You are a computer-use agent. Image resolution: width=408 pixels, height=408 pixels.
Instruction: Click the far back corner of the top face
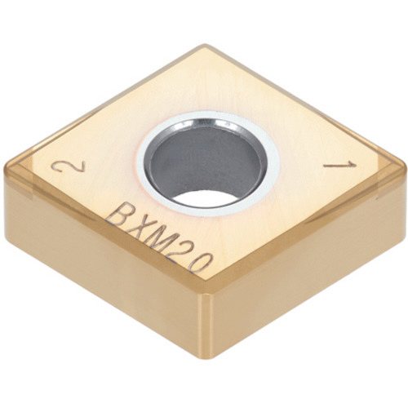tap(206, 46)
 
